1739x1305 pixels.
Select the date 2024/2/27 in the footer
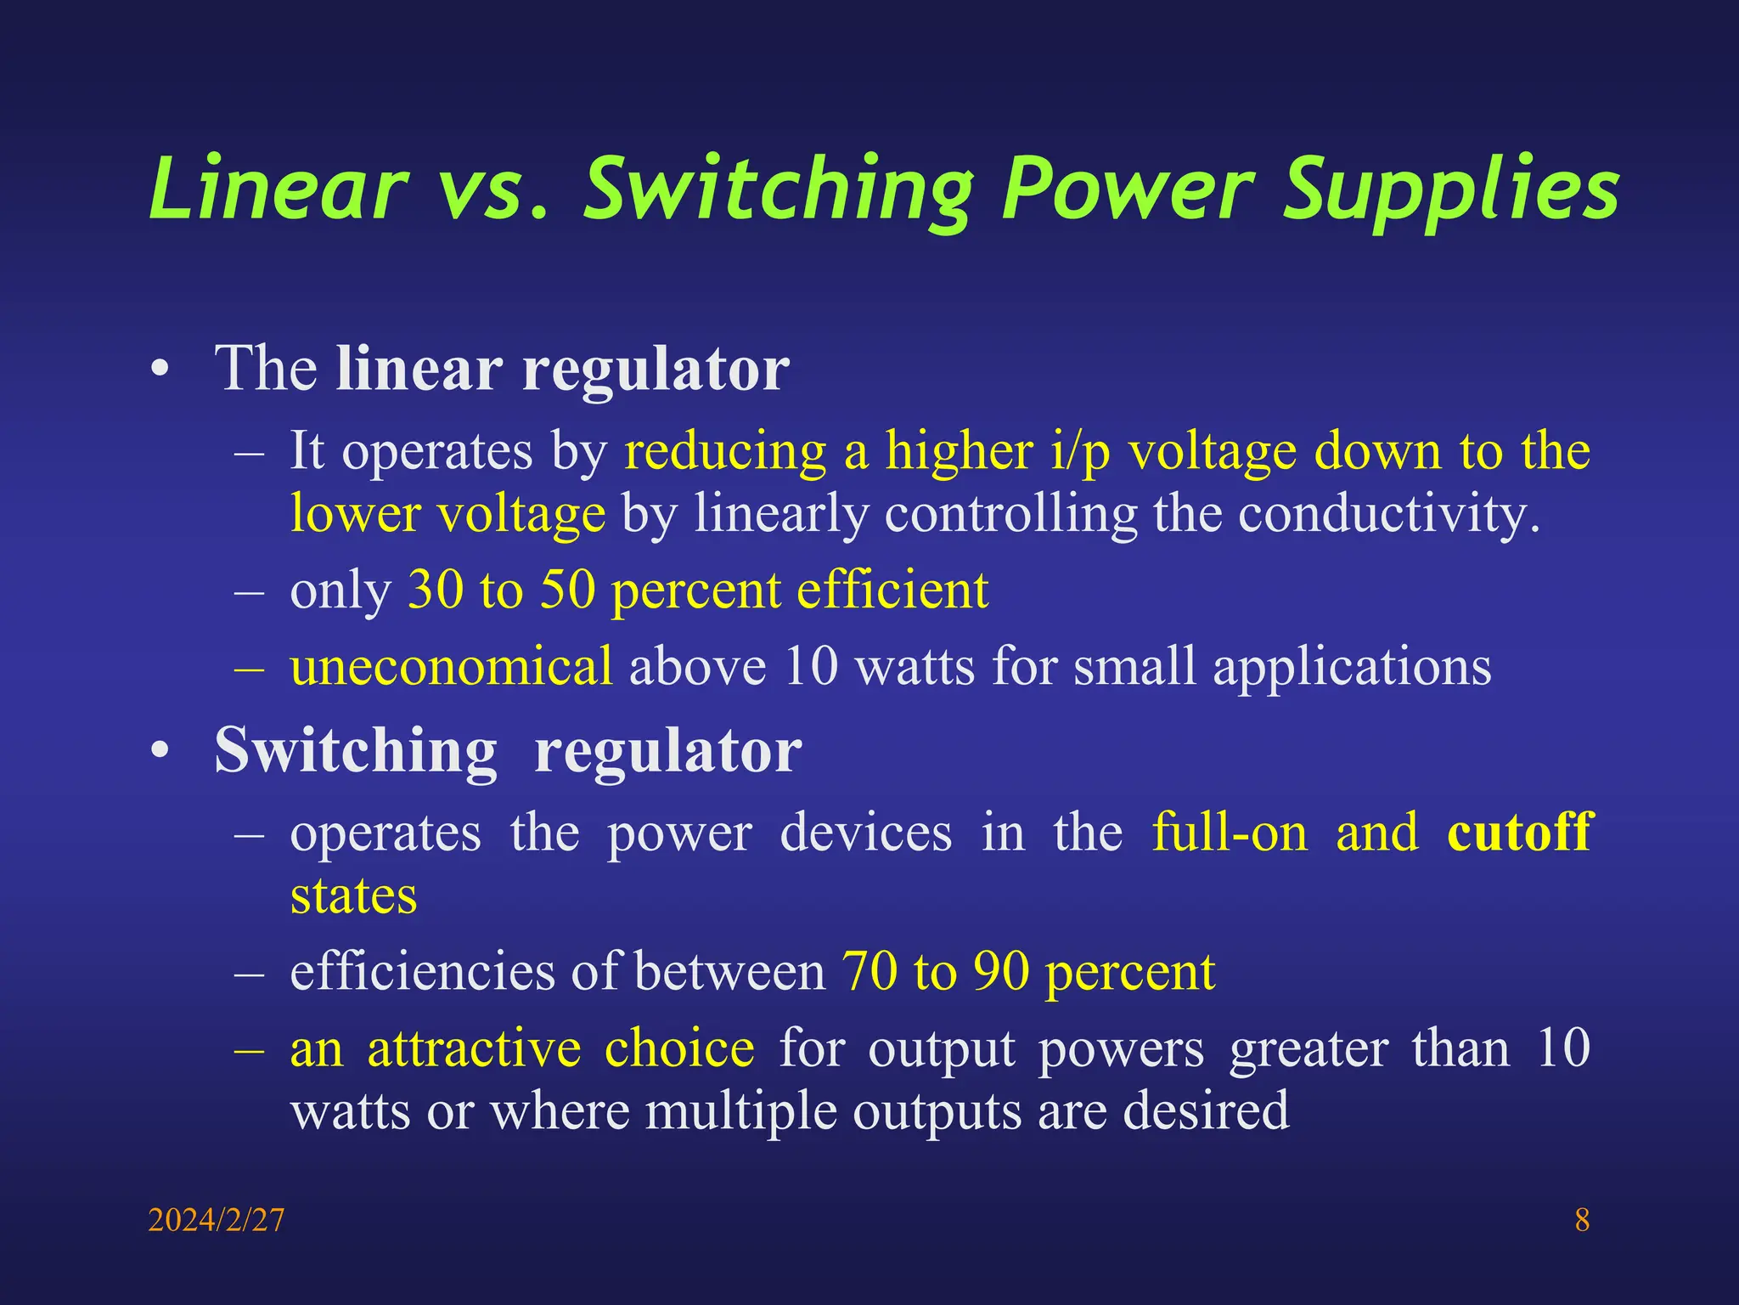coord(217,1220)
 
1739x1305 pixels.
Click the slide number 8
coord(1582,1220)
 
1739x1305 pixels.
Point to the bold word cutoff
coord(1519,832)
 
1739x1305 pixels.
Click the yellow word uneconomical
coord(451,665)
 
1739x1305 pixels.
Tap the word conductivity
coord(1388,514)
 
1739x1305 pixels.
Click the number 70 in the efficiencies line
coord(869,971)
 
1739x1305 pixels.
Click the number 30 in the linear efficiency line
coord(436,590)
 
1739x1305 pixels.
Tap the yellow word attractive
coord(474,1048)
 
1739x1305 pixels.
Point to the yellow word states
coord(354,896)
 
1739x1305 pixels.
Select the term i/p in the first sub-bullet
coord(1080,450)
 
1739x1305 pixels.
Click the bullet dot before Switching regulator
coord(160,751)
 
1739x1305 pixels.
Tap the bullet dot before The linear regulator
coord(160,370)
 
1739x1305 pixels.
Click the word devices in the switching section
coord(865,832)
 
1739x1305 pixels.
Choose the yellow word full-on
coord(1230,832)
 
